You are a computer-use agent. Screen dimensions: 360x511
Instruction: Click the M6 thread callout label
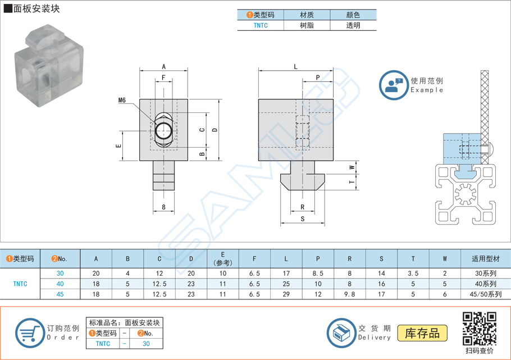[x=122, y=101]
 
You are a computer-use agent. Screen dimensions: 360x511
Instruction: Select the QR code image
[x=479, y=329]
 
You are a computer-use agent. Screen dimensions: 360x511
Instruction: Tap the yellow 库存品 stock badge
[x=422, y=333]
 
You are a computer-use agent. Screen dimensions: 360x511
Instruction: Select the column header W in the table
[x=445, y=259]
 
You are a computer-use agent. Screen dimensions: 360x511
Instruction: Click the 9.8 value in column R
[x=350, y=294]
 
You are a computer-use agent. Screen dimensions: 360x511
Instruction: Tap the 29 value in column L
[x=286, y=294]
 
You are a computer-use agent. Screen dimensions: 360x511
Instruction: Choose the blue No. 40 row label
[x=60, y=284]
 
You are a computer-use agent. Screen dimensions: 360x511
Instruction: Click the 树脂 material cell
[x=307, y=25]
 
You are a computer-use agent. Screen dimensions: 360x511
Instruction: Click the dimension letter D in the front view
[x=215, y=130]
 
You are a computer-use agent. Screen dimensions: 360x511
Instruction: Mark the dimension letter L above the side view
[x=296, y=66]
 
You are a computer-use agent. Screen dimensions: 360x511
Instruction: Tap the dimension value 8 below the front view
[x=163, y=207]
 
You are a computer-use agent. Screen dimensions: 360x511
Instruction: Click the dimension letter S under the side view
[x=302, y=218]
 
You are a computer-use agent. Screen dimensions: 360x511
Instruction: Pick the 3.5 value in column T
[x=413, y=274]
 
